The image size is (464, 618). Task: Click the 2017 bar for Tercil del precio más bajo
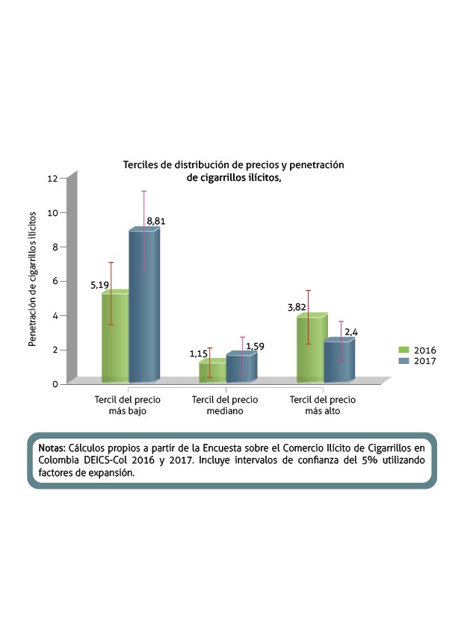[143, 306]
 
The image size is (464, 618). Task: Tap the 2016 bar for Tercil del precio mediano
[212, 372]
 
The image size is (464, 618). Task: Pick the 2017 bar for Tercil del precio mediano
[241, 368]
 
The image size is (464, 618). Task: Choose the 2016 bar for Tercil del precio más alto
[310, 350]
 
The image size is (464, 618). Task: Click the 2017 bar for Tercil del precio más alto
[338, 362]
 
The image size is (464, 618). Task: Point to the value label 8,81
[157, 221]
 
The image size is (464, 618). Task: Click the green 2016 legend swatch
[403, 350]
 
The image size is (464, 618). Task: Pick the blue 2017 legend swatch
[403, 361]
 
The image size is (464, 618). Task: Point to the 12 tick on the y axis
[52, 178]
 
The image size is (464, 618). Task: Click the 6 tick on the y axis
[55, 281]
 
